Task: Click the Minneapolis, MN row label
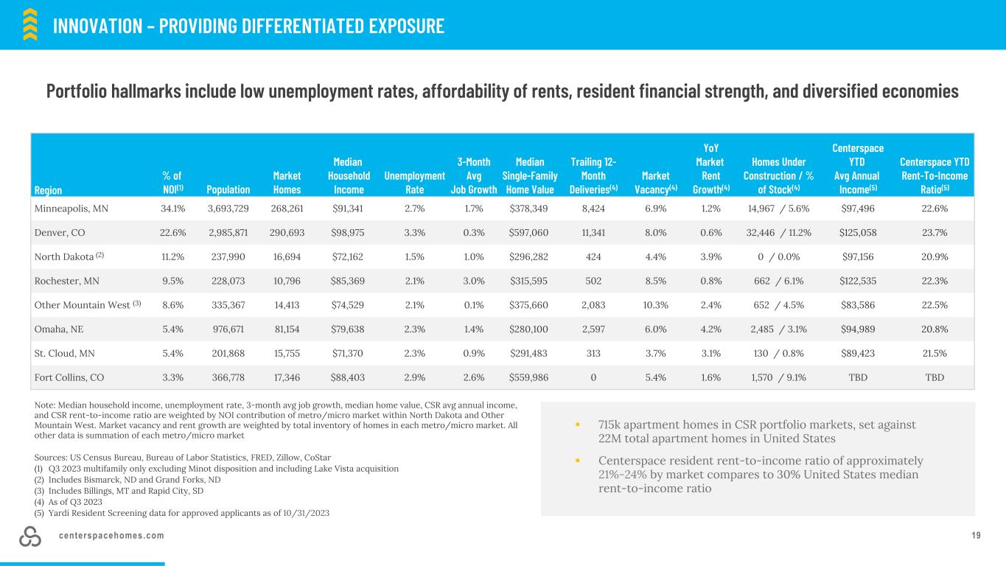[x=71, y=209]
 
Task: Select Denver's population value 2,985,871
[x=228, y=233]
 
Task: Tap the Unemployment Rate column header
[x=414, y=183]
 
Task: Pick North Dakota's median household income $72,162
[x=348, y=257]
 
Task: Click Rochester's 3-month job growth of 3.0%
[x=474, y=282]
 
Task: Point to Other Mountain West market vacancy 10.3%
[x=656, y=305]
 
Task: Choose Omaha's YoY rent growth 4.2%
[x=711, y=329]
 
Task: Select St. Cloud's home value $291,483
[x=528, y=354]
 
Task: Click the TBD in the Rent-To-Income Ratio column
[x=935, y=378]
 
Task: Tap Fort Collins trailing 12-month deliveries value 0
[x=593, y=378]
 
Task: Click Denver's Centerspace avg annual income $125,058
[x=858, y=233]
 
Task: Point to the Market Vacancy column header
[x=656, y=183]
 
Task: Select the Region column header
[x=48, y=190]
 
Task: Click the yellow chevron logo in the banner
[x=30, y=24]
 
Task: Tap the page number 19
[x=976, y=536]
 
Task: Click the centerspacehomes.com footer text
[x=111, y=536]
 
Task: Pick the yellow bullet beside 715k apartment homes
[x=578, y=424]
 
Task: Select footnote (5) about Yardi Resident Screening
[x=182, y=513]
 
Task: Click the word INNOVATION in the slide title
[x=97, y=26]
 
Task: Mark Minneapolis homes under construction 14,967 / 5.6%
[x=778, y=209]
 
